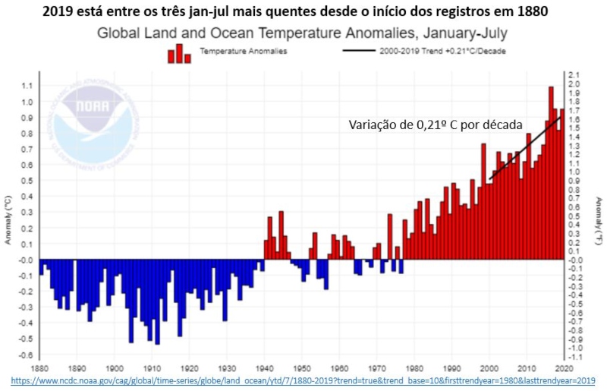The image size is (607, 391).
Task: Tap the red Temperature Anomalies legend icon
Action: (179, 53)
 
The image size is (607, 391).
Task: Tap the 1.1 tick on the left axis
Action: (27, 86)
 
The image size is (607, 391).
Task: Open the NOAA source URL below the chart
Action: (303, 379)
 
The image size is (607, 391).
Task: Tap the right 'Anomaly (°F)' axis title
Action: (599, 220)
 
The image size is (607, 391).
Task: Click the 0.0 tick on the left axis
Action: (27, 260)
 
